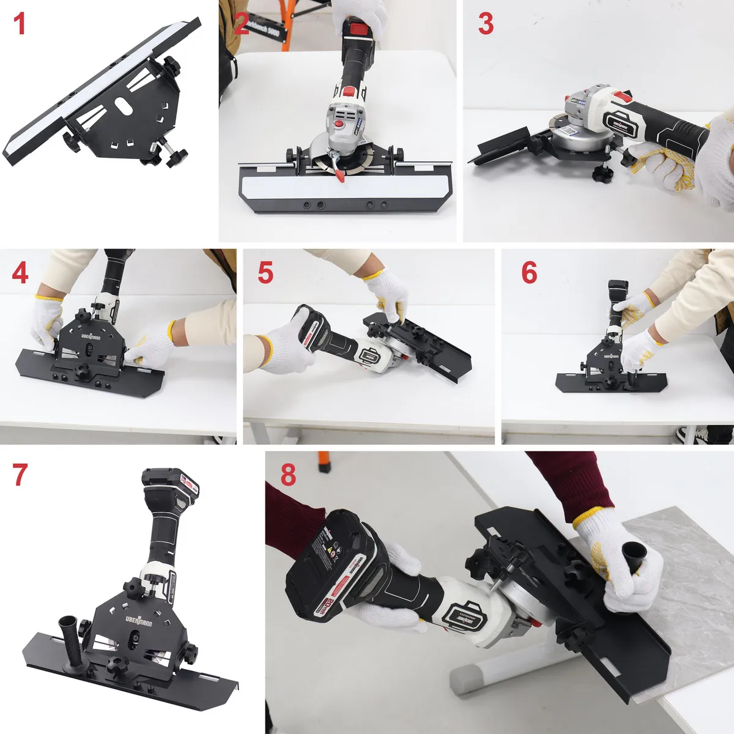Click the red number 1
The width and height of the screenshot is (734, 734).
20,24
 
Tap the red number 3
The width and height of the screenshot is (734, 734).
486,24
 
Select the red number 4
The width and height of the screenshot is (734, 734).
20,273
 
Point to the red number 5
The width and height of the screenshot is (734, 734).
265,273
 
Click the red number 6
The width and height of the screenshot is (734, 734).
529,273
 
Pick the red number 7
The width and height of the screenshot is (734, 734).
20,475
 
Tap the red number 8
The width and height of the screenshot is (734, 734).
288,475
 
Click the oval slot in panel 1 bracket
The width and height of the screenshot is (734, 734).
124,106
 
